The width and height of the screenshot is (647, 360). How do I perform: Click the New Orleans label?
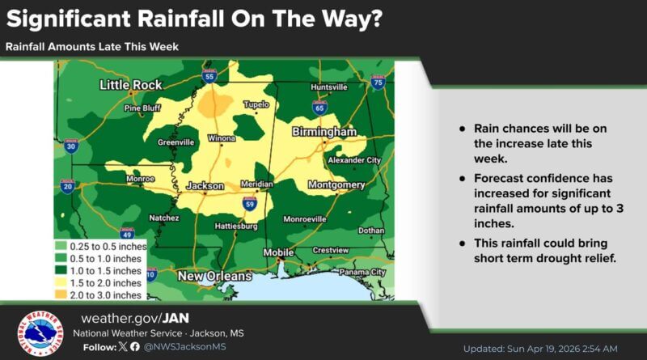[x=214, y=277]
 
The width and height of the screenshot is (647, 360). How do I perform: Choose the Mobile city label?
[x=279, y=252]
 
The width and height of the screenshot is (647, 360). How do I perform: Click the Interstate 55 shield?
[x=210, y=76]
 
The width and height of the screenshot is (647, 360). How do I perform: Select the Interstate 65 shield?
[x=319, y=107]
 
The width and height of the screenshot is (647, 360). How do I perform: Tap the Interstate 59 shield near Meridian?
[x=249, y=203]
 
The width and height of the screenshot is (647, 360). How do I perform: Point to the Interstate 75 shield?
[x=378, y=82]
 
